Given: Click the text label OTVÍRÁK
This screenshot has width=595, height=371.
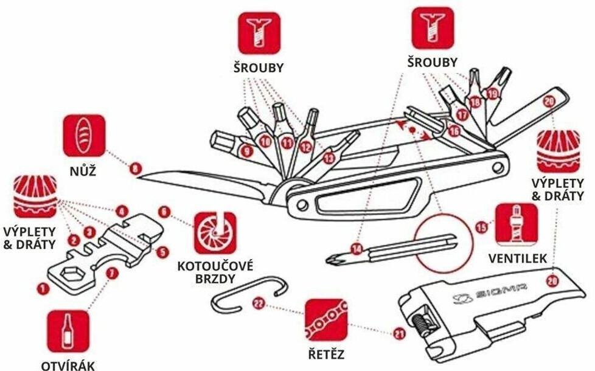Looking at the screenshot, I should point(68,365).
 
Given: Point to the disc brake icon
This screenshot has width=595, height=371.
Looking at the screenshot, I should point(215,233).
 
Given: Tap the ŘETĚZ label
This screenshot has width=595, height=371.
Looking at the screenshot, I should point(326,353).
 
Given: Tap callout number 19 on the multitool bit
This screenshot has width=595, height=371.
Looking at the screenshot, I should point(492,93).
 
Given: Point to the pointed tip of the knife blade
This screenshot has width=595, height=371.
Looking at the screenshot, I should point(139,176).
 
